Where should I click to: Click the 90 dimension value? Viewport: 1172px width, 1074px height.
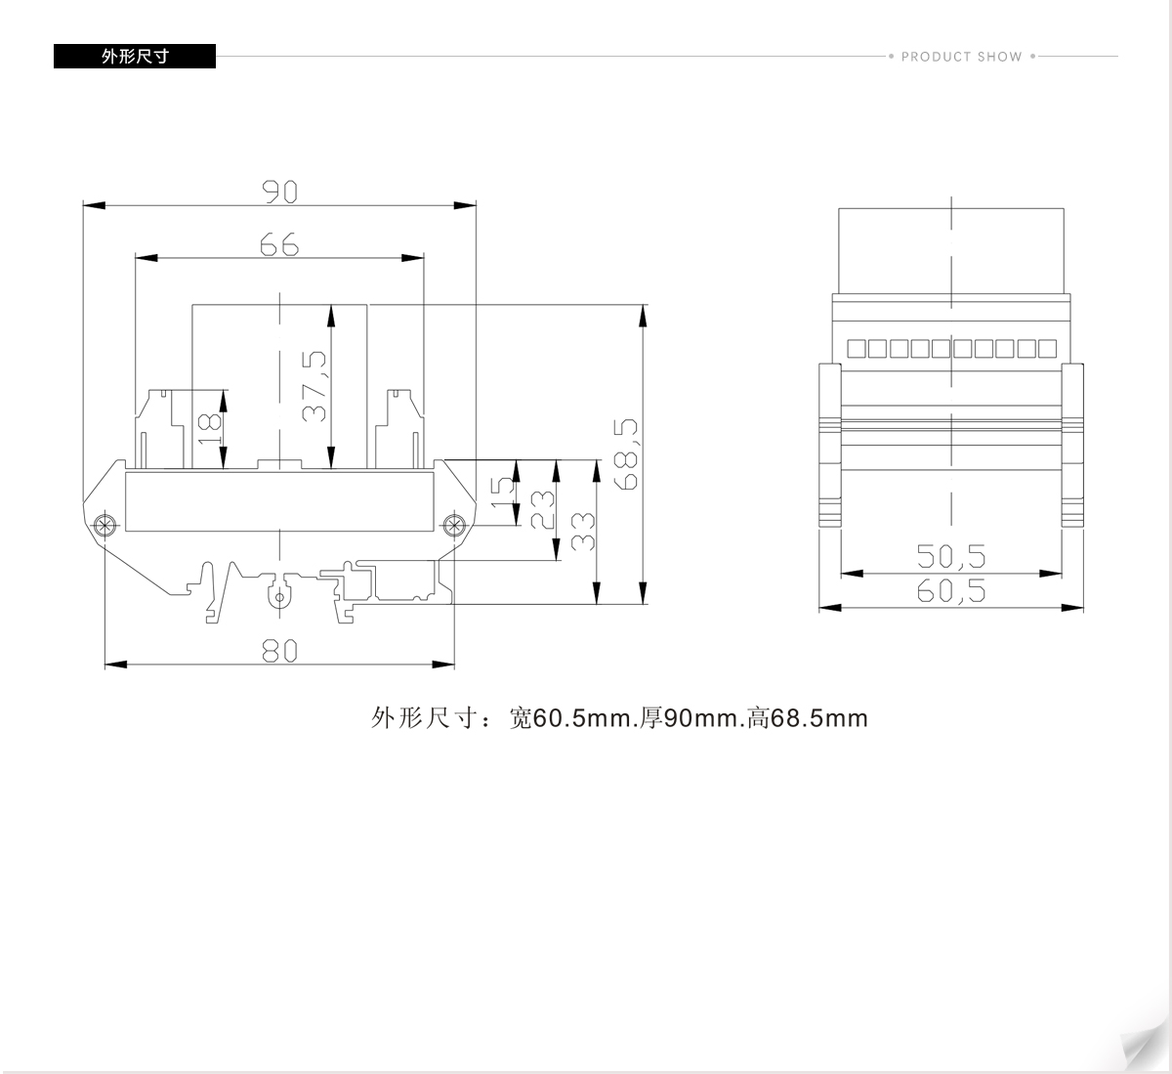[279, 192]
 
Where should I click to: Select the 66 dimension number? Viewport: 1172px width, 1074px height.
[279, 244]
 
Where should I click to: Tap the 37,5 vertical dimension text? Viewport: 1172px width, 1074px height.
[314, 386]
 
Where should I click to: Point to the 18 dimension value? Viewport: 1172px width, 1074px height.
[209, 429]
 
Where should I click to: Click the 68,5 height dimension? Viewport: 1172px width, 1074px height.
[626, 454]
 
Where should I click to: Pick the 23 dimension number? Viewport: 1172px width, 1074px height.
[542, 510]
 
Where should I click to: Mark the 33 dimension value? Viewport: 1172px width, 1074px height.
[582, 532]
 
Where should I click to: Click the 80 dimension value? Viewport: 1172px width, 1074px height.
[279, 650]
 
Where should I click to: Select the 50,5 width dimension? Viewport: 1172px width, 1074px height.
[950, 556]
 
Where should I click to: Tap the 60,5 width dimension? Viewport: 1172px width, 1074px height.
[950, 590]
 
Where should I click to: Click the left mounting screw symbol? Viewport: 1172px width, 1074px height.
[105, 525]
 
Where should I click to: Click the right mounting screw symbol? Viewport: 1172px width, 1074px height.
[454, 525]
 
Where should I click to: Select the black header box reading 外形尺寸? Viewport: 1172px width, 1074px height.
[135, 56]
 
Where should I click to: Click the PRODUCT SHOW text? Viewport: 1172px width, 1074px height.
[962, 57]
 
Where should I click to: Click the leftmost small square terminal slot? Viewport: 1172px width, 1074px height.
[856, 349]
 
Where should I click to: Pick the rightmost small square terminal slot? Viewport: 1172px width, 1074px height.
[1048, 349]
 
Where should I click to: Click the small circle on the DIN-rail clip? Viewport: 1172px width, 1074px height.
[279, 598]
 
